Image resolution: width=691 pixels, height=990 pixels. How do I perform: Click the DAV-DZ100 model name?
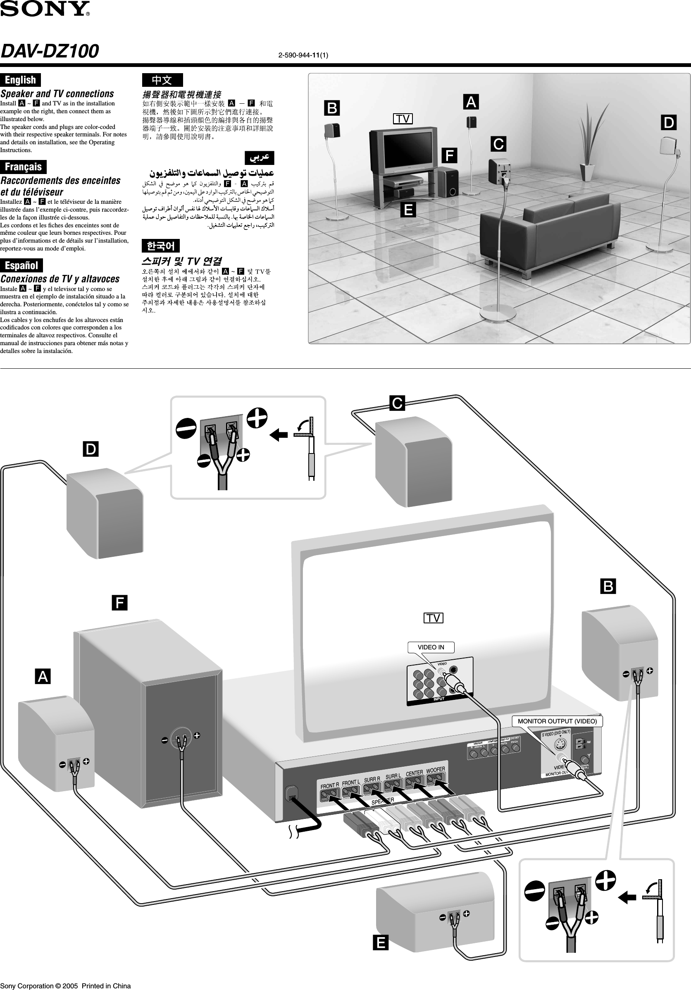click(50, 51)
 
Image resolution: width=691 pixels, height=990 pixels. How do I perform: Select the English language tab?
click(20, 80)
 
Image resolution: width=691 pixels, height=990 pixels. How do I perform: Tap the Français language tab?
click(23, 167)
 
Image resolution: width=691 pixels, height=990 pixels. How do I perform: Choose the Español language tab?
click(21, 265)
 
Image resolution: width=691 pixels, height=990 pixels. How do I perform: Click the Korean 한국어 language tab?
click(160, 246)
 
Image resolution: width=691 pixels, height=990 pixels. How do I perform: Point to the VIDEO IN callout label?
click(431, 647)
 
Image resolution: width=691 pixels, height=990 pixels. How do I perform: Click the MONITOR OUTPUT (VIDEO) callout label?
click(557, 721)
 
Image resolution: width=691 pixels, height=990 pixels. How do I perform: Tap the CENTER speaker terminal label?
click(414, 773)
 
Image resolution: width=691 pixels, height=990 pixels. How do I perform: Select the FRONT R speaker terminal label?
click(329, 786)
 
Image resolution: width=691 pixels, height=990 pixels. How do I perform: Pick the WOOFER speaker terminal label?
click(435, 770)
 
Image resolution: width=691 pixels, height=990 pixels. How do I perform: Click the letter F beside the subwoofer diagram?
click(119, 602)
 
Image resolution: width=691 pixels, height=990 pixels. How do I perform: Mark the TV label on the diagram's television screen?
click(433, 618)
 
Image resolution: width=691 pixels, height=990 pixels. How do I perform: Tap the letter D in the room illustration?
click(669, 122)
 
